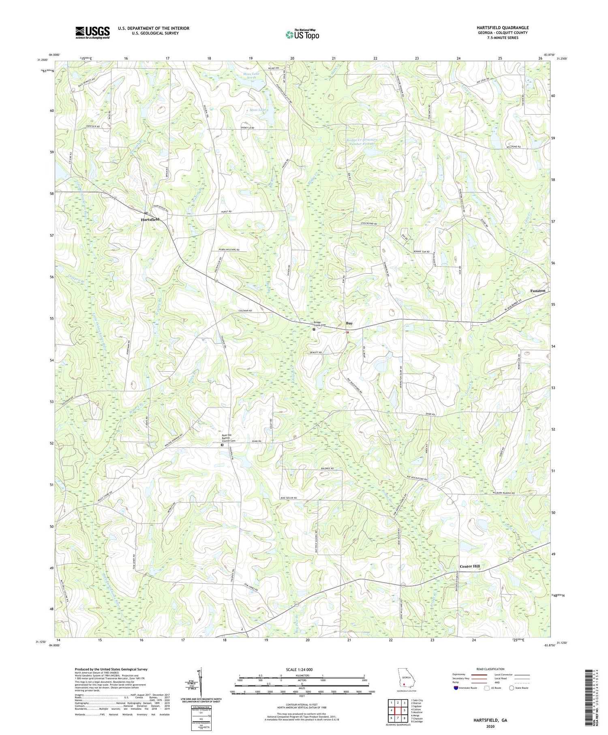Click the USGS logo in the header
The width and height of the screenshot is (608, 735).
[x=92, y=32]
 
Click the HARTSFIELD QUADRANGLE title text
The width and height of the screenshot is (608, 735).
[x=503, y=28]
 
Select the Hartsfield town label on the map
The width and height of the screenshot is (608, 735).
[x=150, y=219]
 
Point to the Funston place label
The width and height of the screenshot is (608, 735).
[x=537, y=291]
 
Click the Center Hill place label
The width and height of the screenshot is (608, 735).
[x=469, y=566]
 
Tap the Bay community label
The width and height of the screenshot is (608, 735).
[x=349, y=324]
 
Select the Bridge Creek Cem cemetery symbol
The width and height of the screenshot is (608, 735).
[x=314, y=330]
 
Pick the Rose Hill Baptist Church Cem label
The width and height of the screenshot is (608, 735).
[x=228, y=438]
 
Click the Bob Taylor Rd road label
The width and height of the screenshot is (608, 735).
[x=289, y=498]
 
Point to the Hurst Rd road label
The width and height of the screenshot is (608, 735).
[x=227, y=212]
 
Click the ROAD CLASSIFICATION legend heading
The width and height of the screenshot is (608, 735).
[x=490, y=669]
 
